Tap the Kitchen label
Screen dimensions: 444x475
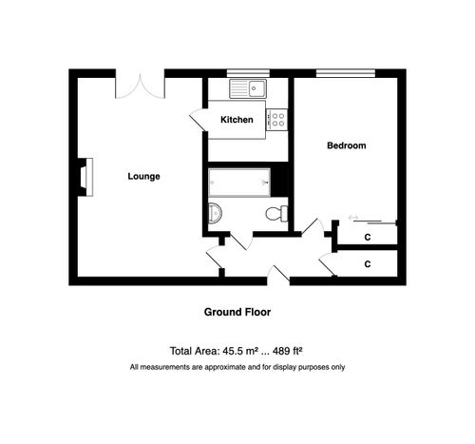(237, 120)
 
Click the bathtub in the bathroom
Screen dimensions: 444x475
(238, 181)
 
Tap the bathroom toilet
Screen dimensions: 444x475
(277, 212)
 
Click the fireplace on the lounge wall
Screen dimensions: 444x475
(85, 176)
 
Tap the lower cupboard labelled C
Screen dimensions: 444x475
(368, 263)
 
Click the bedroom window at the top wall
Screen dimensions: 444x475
(346, 72)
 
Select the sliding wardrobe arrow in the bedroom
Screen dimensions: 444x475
(354, 219)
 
